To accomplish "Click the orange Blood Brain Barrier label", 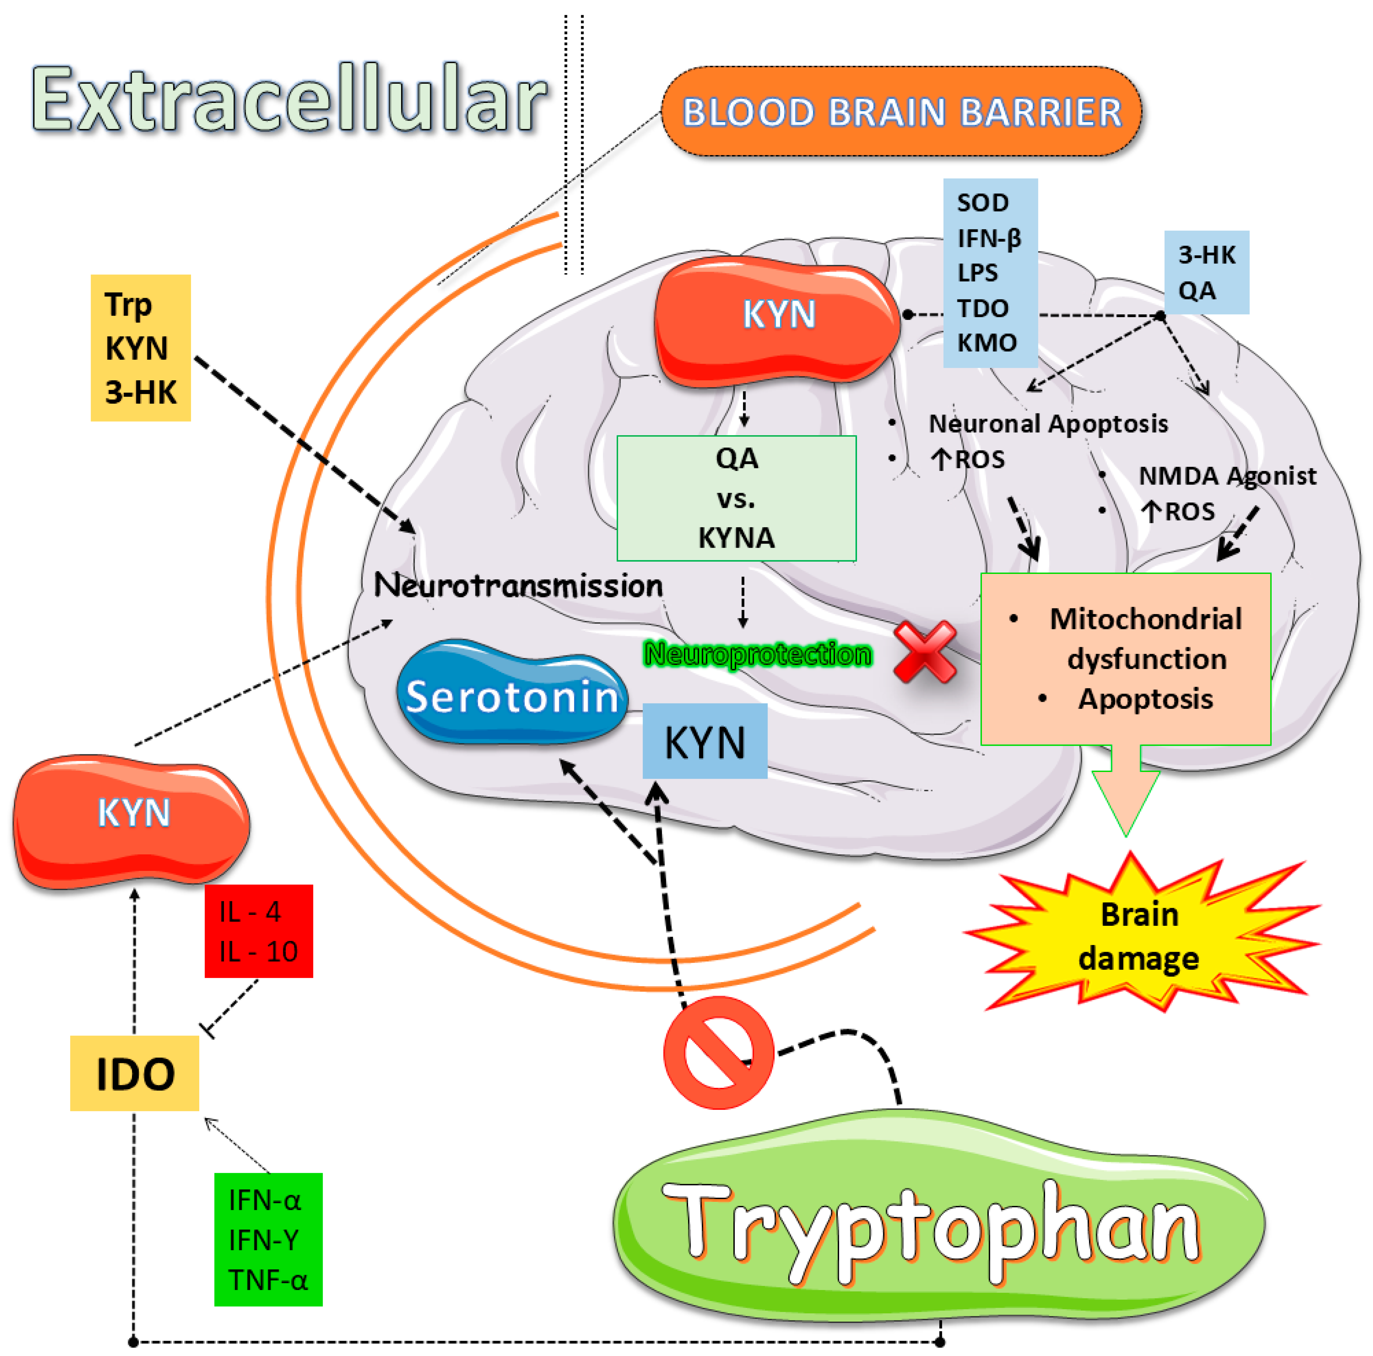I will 901,111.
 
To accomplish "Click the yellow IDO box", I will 134,1073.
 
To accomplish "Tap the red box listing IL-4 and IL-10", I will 259,931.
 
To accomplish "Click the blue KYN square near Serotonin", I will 704,741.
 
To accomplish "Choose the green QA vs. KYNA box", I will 736,498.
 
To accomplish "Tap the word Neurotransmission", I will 518,586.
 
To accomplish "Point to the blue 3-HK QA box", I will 1206,272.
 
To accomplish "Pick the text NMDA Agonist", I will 1227,475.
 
